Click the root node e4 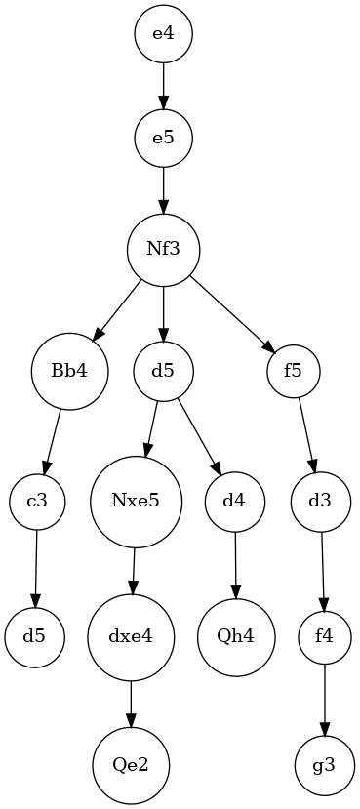[163, 34]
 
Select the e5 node [163, 137]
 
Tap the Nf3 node [163, 248]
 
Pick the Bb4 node [68, 371]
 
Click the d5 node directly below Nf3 [163, 371]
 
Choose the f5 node [295, 371]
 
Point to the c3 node [37, 502]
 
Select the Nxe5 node [136, 502]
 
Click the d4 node [234, 502]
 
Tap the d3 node [319, 502]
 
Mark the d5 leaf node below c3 [35, 638]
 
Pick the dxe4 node [132, 638]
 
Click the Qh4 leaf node [236, 638]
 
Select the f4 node [325, 638]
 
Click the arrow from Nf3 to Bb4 [115, 309]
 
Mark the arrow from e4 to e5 [163, 85]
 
